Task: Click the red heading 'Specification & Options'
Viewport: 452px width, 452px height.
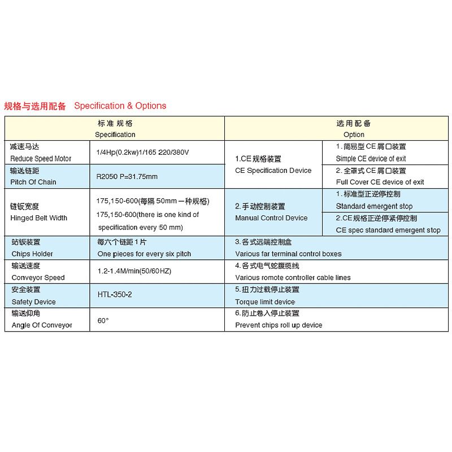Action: pos(120,106)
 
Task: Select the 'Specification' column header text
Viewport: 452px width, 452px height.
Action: pos(115,134)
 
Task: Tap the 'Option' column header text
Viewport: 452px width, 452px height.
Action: pos(354,134)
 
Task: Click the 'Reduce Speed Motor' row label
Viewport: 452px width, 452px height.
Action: pos(41,159)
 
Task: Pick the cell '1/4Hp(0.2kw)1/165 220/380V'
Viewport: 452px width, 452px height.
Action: pos(142,153)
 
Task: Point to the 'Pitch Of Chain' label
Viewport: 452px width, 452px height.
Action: pos(33,182)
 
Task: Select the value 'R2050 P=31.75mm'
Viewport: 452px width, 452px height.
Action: pos(127,176)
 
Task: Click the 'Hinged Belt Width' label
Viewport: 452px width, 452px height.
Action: pos(38,218)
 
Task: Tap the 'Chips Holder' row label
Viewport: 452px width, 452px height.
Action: pos(32,254)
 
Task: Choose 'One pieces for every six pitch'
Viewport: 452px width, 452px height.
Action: pos(144,254)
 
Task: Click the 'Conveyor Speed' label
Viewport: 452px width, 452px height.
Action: pos(38,277)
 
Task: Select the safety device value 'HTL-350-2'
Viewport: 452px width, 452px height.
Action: pos(115,295)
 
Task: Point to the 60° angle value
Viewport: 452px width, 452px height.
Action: pos(103,320)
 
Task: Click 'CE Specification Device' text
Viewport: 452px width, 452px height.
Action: pos(273,171)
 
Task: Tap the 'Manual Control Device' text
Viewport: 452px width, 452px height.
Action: pos(271,218)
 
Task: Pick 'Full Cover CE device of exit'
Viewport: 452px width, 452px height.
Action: pos(380,182)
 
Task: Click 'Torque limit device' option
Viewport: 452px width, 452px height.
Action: pos(265,302)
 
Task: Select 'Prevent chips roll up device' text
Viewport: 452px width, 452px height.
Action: pos(279,325)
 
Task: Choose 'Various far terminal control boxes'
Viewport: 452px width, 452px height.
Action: pos(288,254)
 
